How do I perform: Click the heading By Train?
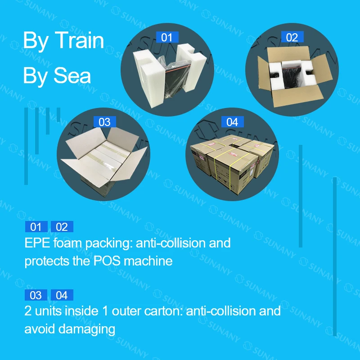[x=63, y=41]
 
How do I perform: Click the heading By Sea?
[x=57, y=76]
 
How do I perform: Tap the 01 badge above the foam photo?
[x=166, y=37]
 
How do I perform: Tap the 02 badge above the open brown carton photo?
[x=292, y=37]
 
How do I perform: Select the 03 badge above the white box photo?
[x=104, y=122]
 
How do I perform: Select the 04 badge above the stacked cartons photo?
[x=232, y=122]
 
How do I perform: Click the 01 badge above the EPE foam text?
[x=36, y=227]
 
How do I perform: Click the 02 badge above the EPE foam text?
[x=62, y=227]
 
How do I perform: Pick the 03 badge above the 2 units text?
[x=36, y=295]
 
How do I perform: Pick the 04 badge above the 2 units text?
[x=62, y=295]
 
